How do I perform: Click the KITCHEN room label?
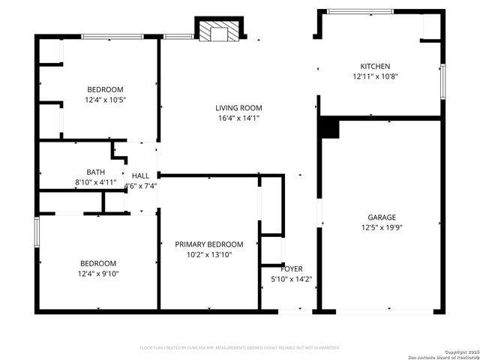click(x=375, y=66)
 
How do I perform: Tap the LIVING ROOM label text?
click(x=239, y=107)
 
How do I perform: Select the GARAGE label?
click(x=381, y=217)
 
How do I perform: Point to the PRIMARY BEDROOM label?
click(x=209, y=244)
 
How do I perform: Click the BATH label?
click(x=96, y=172)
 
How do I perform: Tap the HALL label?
click(x=140, y=176)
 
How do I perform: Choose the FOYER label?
click(x=292, y=268)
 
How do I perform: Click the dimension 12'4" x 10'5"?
click(x=103, y=100)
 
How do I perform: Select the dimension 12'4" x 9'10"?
click(x=98, y=274)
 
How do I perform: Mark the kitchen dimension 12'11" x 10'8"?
click(x=375, y=76)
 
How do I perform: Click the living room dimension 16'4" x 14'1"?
click(x=239, y=118)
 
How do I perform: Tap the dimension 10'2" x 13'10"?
click(x=209, y=255)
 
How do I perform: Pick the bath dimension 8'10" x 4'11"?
click(x=96, y=182)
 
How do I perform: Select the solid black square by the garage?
click(x=328, y=128)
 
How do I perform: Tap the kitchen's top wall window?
click(x=360, y=11)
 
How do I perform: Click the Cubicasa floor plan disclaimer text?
click(x=240, y=347)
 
